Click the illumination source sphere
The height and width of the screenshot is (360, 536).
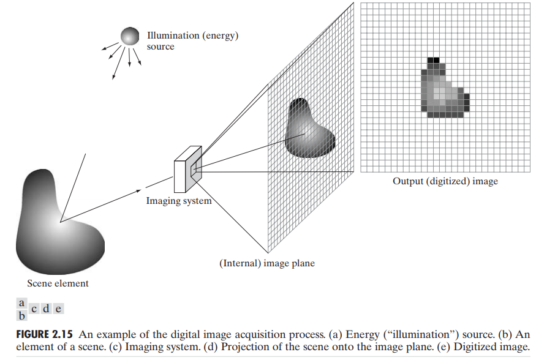[x=130, y=37]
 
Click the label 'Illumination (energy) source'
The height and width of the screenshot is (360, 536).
[x=192, y=41]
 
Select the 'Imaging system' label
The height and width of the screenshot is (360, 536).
[x=178, y=201]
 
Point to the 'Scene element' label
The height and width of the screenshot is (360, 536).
[x=58, y=283]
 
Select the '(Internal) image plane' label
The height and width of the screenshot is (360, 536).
[x=267, y=264]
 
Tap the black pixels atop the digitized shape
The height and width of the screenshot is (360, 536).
[x=434, y=60]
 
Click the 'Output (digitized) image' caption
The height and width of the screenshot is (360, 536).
[x=445, y=182]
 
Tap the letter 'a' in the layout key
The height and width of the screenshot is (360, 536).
[x=21, y=302]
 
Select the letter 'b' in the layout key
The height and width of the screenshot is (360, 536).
[x=21, y=316]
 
